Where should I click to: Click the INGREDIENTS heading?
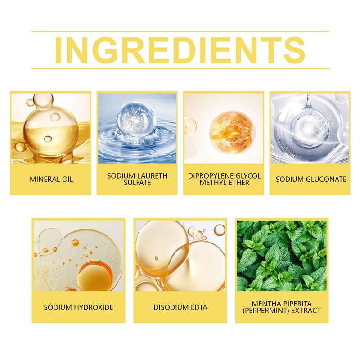coord(180,50)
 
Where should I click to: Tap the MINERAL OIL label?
coord(51,179)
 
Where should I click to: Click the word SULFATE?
coord(137,183)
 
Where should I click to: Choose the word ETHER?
coord(238,183)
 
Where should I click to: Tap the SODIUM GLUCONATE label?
coord(311,179)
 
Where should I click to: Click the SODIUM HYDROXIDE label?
coord(78,307)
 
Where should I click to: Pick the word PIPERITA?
coord(297,303)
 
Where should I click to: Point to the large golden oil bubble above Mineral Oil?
coord(51,131)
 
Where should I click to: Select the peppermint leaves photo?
coord(282,256)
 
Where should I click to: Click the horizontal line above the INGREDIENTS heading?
coord(180,31)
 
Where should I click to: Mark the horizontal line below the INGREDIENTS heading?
coord(180,68)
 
